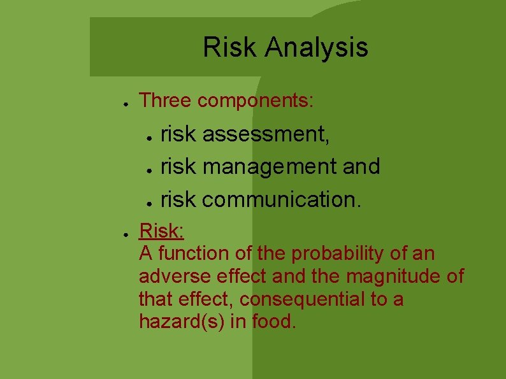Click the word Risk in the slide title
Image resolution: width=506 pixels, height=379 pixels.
(x=230, y=47)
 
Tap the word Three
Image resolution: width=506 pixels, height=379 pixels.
(x=166, y=101)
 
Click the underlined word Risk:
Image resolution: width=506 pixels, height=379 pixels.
(x=162, y=230)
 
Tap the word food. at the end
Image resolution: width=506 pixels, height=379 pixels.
(x=274, y=322)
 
